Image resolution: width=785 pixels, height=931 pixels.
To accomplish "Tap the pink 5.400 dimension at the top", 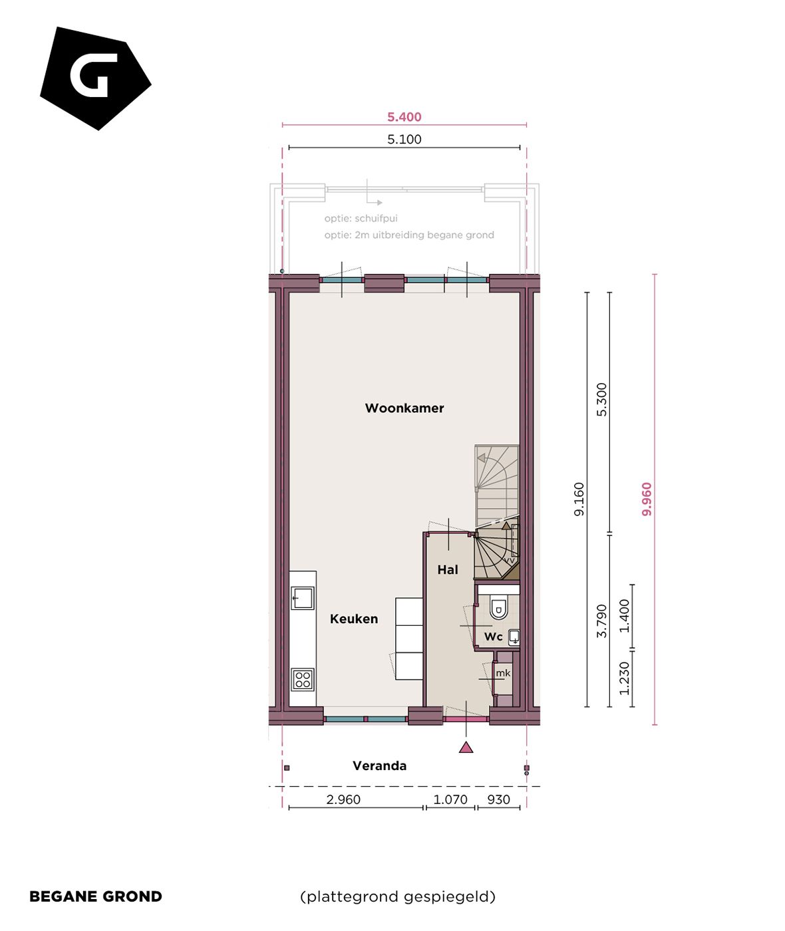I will (404, 117).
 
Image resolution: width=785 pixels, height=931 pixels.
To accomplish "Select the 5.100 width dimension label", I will (404, 140).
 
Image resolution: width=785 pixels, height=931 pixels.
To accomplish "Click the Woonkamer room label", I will (404, 408).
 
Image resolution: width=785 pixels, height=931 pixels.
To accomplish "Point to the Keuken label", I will (354, 619).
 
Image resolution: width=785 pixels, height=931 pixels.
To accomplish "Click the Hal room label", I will (448, 570).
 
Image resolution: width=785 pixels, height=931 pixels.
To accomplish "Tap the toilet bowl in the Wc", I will (498, 608).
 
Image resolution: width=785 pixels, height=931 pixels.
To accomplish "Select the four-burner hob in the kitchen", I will (303, 680).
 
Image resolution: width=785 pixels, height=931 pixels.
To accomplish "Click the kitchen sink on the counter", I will (303, 598).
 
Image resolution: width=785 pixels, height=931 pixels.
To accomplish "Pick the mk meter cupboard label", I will (503, 673).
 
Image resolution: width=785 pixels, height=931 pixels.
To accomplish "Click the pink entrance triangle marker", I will (466, 747).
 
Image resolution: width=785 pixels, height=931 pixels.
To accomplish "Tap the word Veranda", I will (379, 766).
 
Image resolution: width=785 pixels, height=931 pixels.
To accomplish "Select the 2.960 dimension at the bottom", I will (343, 800).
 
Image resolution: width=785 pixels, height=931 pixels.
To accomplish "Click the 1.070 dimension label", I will (450, 800).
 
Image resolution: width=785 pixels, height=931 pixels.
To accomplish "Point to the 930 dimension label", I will (498, 800).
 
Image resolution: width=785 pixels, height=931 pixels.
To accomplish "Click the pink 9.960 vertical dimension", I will (647, 499).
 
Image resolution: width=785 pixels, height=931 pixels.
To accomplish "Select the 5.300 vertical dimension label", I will (602, 400).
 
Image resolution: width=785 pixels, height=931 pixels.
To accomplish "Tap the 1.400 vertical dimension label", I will (624, 616).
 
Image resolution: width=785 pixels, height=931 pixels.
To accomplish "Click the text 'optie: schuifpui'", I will (361, 219).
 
